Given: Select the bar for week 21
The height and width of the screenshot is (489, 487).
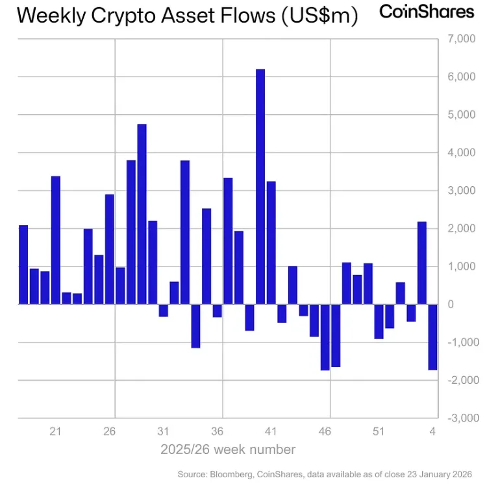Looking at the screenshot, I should [x=56, y=240].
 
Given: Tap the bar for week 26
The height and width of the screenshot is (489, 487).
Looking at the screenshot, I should [x=110, y=249].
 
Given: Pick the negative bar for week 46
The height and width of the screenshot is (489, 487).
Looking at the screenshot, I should [x=325, y=337].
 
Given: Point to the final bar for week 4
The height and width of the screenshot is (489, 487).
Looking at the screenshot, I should [x=432, y=337].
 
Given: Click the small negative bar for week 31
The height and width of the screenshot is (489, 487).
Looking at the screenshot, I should [x=164, y=311].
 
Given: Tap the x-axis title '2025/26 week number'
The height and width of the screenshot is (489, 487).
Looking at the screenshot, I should [x=228, y=449].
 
